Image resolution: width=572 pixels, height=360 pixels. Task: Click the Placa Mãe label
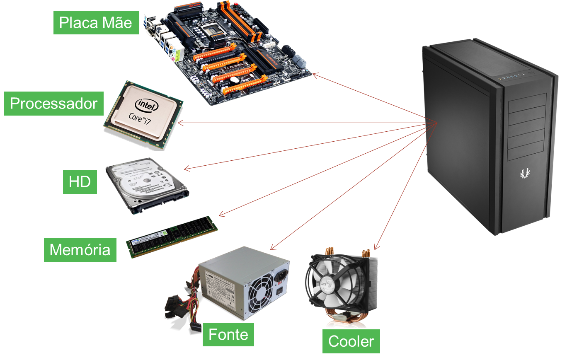click(x=96, y=23)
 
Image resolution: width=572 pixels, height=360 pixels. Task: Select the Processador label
click(x=53, y=104)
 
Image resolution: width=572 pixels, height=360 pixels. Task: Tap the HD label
click(x=80, y=181)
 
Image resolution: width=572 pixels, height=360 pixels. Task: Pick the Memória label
click(x=80, y=250)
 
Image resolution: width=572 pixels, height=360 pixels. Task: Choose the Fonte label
click(x=228, y=334)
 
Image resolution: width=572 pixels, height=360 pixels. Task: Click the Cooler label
click(x=351, y=341)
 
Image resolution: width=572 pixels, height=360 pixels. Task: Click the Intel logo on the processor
click(x=147, y=105)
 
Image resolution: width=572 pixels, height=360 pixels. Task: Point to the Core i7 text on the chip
click(x=140, y=118)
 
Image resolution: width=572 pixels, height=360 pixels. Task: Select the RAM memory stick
click(x=172, y=237)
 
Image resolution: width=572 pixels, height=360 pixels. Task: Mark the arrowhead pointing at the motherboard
click(x=315, y=75)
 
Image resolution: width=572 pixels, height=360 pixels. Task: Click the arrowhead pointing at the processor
click(x=180, y=123)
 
